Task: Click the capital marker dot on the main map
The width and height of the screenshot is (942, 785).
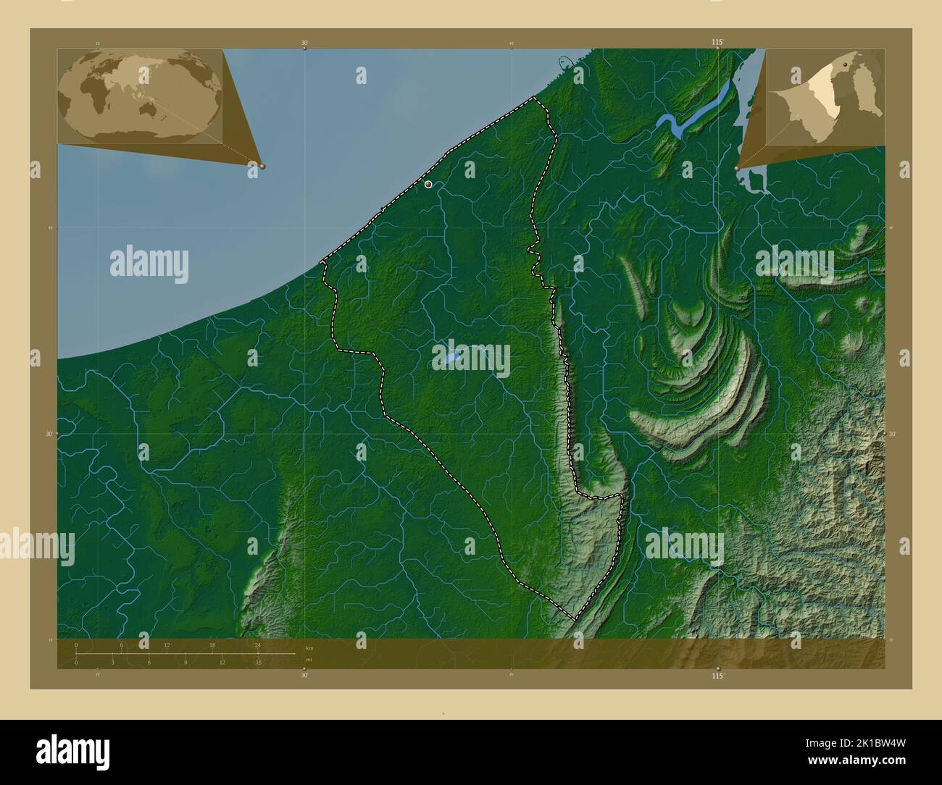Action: pyautogui.click(x=429, y=185)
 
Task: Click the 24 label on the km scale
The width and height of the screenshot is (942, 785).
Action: pyautogui.click(x=257, y=645)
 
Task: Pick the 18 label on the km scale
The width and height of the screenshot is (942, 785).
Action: pyautogui.click(x=212, y=645)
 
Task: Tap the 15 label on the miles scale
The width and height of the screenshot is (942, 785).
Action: pyautogui.click(x=258, y=662)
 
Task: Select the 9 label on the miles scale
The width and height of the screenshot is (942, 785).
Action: pyautogui.click(x=186, y=662)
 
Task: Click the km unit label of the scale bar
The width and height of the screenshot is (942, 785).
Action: pyautogui.click(x=309, y=648)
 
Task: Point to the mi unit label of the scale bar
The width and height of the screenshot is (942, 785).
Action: pyautogui.click(x=309, y=660)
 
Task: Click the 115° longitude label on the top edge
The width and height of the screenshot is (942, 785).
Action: pyautogui.click(x=717, y=43)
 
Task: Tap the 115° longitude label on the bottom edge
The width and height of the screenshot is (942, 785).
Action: pyautogui.click(x=717, y=675)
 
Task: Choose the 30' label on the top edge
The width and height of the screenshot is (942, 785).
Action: pyautogui.click(x=305, y=43)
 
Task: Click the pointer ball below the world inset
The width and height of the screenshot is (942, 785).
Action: pyautogui.click(x=262, y=166)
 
